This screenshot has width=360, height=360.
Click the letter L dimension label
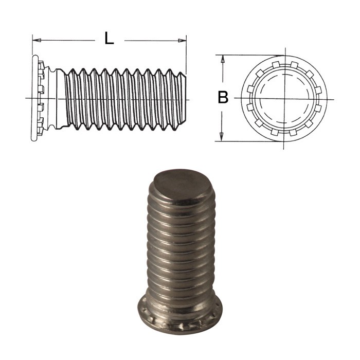click(x=109, y=39)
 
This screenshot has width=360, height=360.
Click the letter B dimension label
click(x=223, y=97)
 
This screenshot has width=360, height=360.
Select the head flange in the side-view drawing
click(x=35, y=98)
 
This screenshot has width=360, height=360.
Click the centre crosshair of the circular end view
click(x=283, y=98)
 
